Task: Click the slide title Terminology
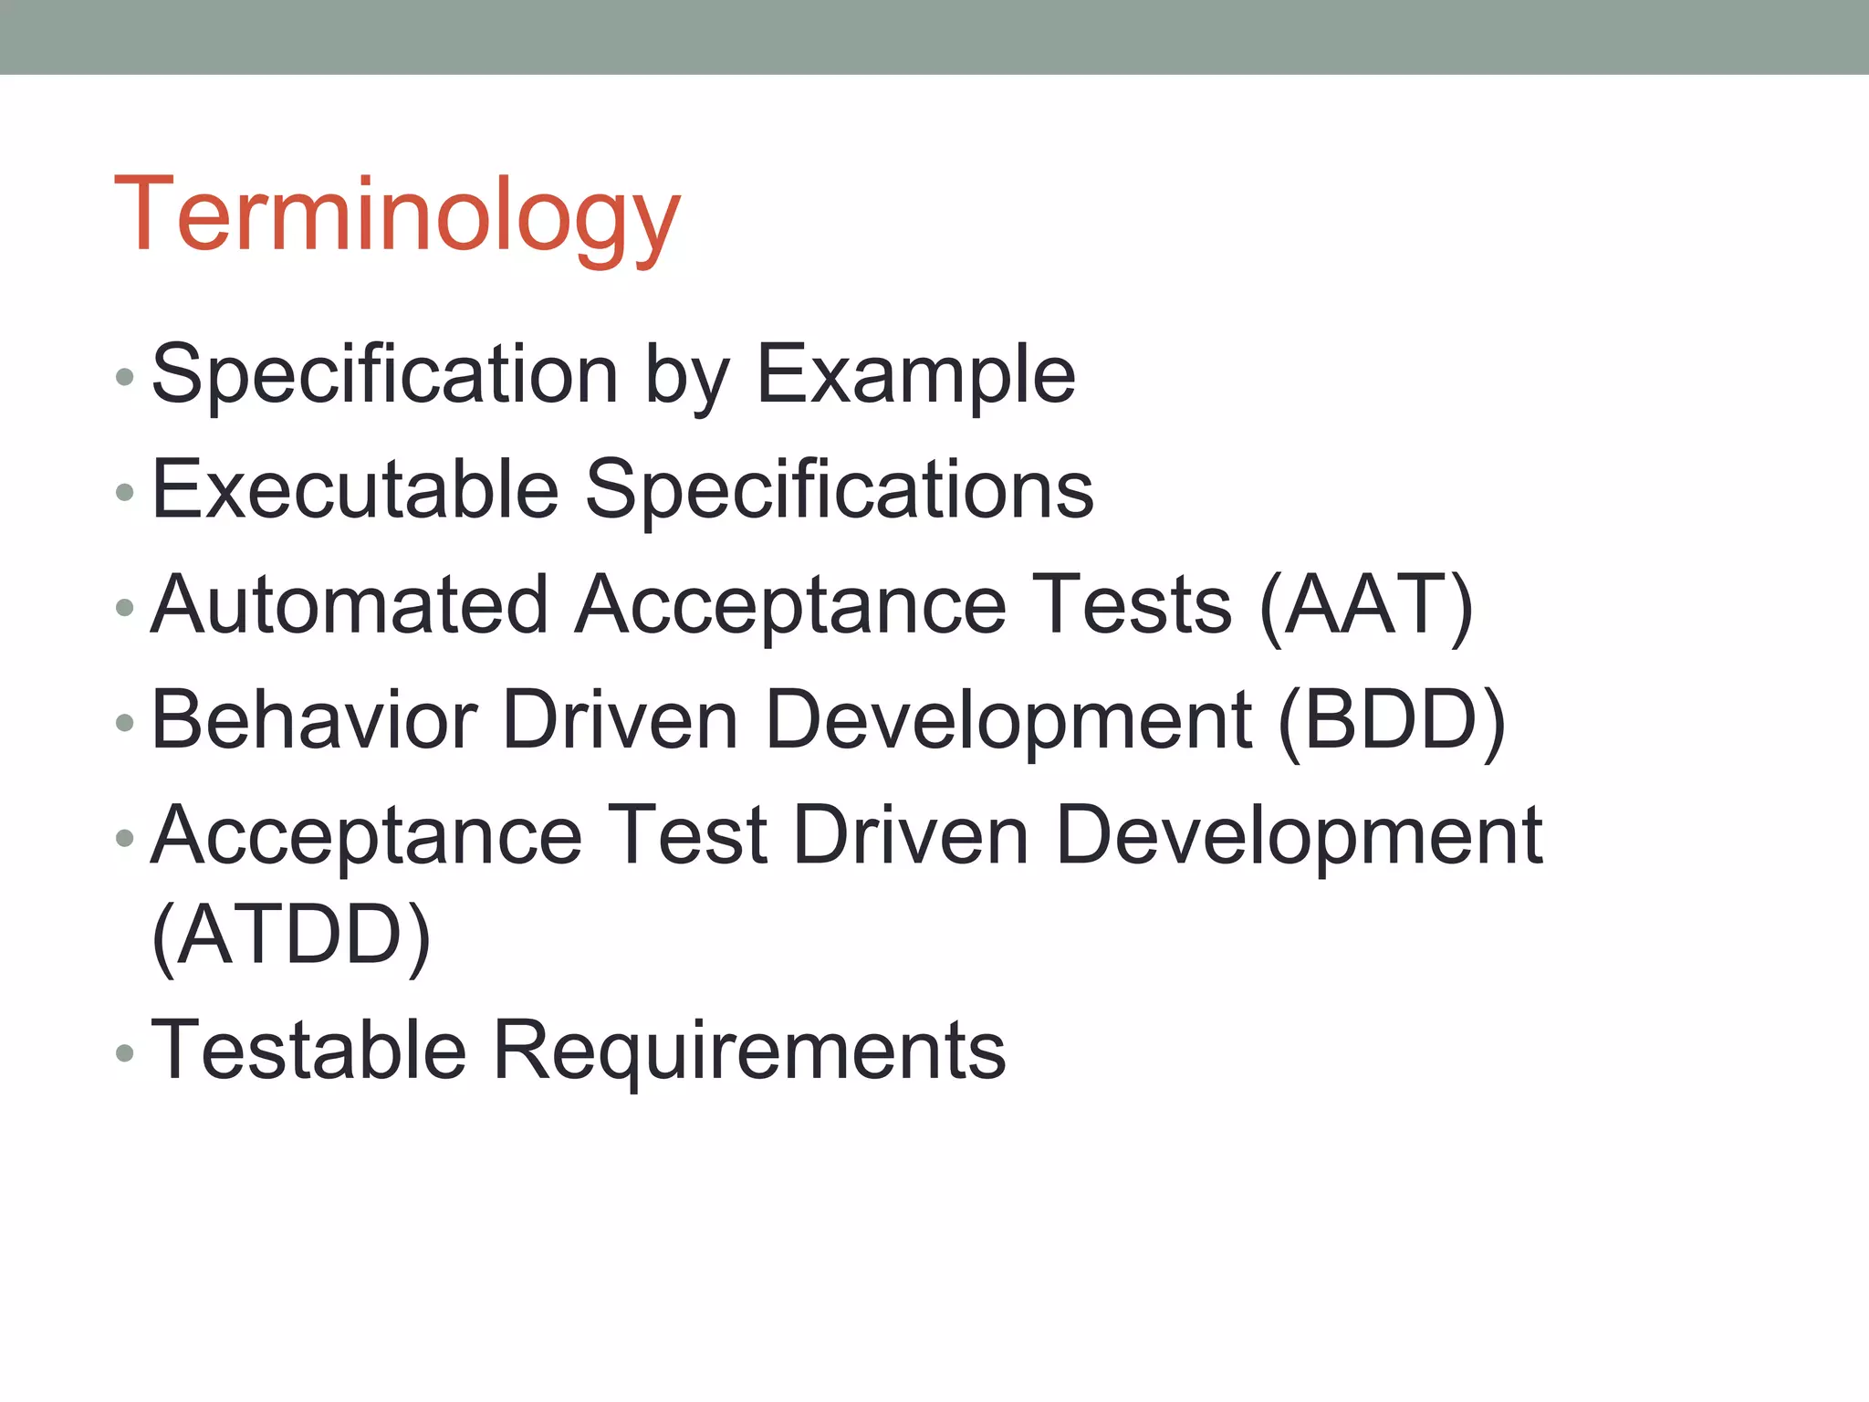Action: pyautogui.click(x=397, y=215)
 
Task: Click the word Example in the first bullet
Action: pyautogui.click(x=916, y=374)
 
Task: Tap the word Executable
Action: pyautogui.click(x=355, y=489)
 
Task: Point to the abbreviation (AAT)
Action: pyautogui.click(x=1366, y=606)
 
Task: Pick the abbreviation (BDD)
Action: pyautogui.click(x=1391, y=721)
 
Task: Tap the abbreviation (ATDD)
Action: pyautogui.click(x=291, y=935)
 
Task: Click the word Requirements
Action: pyautogui.click(x=749, y=1051)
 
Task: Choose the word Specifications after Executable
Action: pyautogui.click(x=839, y=491)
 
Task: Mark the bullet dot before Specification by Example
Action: pyautogui.click(x=125, y=376)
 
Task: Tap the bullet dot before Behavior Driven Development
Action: pyautogui.click(x=125, y=723)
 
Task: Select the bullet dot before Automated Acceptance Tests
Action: pyautogui.click(x=125, y=608)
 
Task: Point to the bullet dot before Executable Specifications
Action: pyautogui.click(x=125, y=493)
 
